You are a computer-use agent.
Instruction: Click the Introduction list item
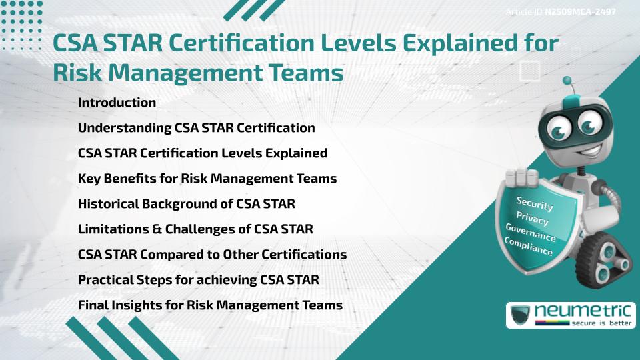(117, 103)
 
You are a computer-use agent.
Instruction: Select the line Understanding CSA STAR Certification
(196, 127)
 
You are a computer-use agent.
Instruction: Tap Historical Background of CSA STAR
(186, 203)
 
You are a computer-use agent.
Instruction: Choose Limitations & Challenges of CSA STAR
(195, 229)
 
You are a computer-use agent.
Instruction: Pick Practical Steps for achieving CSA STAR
(198, 279)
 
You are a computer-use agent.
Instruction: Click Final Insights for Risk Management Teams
(210, 305)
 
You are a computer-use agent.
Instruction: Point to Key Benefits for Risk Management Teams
(207, 178)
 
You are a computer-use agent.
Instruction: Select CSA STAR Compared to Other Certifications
(212, 254)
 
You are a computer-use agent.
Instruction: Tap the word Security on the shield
(535, 203)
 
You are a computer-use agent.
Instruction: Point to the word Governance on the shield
(530, 233)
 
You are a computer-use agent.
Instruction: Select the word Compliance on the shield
(528, 247)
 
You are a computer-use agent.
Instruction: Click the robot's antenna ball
(568, 81)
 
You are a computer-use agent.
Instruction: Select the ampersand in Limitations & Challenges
(154, 229)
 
